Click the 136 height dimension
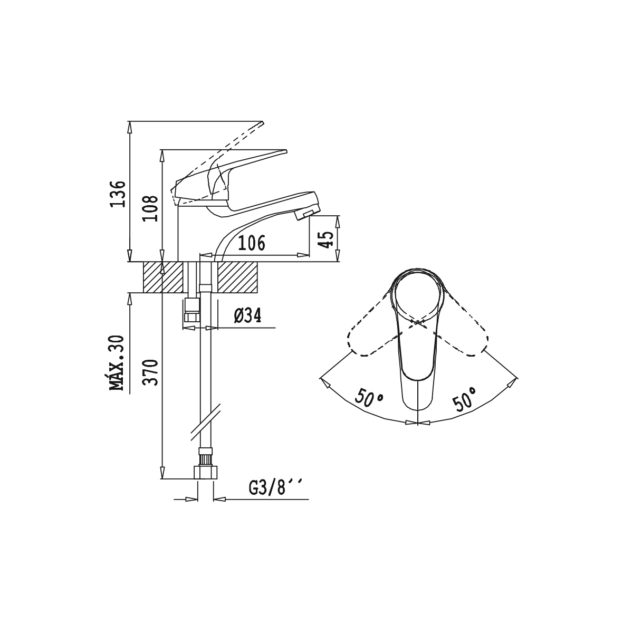point(118,194)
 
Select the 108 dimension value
point(150,208)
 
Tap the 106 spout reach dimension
point(252,243)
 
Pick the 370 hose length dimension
point(150,372)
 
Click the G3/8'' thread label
point(275,487)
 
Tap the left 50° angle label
point(369,398)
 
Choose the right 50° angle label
point(464,398)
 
